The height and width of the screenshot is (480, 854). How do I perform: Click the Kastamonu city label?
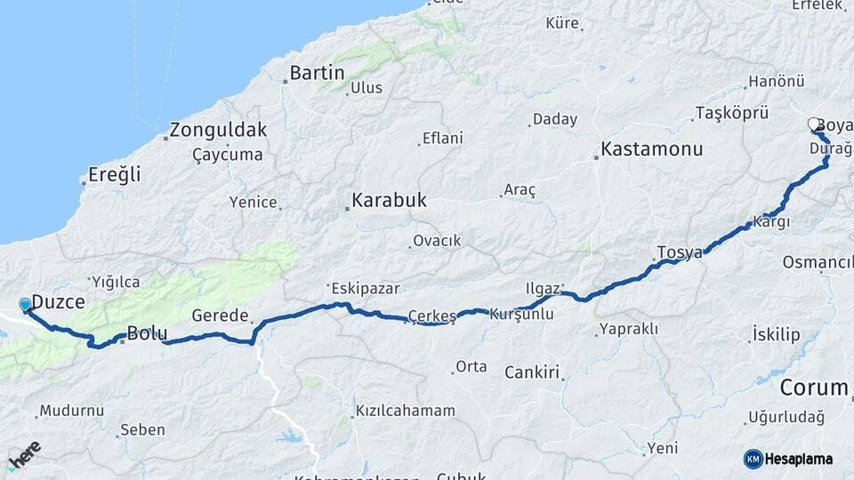[x=652, y=149]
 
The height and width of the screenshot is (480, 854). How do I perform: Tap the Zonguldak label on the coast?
[x=218, y=130]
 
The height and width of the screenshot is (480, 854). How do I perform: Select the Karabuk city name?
[x=389, y=201]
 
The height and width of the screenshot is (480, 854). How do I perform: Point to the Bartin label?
[x=317, y=73]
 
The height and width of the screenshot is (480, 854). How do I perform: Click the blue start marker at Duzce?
[x=25, y=306]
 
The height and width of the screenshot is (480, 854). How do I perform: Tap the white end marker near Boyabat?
[x=814, y=124]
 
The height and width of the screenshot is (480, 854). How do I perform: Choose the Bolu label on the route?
[x=147, y=334]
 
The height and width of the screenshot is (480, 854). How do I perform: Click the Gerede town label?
[x=220, y=316]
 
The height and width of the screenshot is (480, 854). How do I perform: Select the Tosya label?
[x=680, y=252]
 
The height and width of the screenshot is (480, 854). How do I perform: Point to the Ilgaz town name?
[x=542, y=288]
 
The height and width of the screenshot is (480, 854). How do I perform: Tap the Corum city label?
[x=814, y=388]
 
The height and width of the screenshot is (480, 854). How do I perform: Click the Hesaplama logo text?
[x=800, y=459]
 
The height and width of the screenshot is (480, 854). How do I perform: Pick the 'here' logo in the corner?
[x=24, y=453]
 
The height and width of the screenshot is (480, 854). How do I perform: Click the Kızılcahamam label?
[x=405, y=411]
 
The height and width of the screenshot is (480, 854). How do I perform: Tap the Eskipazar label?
[x=365, y=288]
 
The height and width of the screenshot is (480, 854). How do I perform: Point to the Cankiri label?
[x=532, y=372]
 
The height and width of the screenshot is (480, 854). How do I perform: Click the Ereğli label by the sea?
[x=115, y=175]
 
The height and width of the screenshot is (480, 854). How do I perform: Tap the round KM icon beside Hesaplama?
[x=753, y=459]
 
